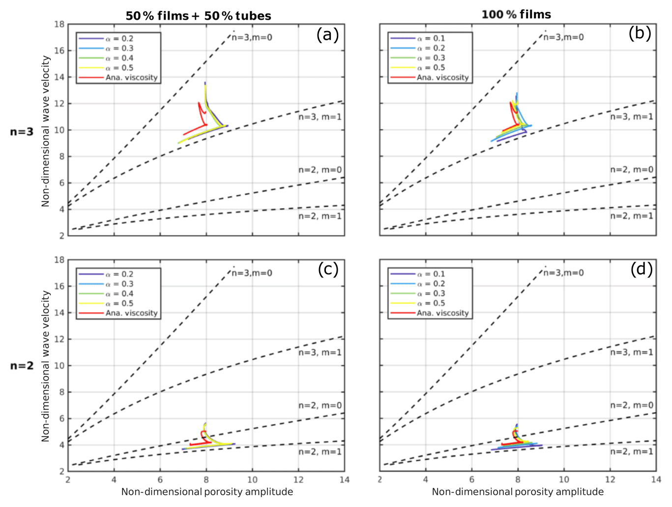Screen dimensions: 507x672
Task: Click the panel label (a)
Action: [x=327, y=35]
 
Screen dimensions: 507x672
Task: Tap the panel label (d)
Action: [x=641, y=269]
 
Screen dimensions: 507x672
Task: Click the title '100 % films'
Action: [x=516, y=15]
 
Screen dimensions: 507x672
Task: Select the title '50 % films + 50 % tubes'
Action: [x=198, y=16]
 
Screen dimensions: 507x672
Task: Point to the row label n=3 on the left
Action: [x=22, y=132]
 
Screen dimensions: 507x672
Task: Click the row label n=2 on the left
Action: [x=22, y=366]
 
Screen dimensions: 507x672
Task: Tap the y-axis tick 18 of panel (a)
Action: [x=59, y=25]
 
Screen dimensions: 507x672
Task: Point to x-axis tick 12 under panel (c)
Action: [x=298, y=480]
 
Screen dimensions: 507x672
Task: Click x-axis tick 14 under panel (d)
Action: [x=656, y=480]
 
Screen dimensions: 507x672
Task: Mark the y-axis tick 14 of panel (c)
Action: [x=59, y=313]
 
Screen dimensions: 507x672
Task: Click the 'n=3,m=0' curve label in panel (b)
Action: [x=563, y=37]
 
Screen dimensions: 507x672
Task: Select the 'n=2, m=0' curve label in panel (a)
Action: [x=320, y=170]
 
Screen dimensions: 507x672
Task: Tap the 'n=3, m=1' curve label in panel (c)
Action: [x=320, y=353]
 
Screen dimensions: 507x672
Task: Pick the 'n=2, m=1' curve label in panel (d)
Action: [x=632, y=452]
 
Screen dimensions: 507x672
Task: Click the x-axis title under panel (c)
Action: [x=207, y=492]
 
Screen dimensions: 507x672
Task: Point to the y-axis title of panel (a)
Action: [x=46, y=131]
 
